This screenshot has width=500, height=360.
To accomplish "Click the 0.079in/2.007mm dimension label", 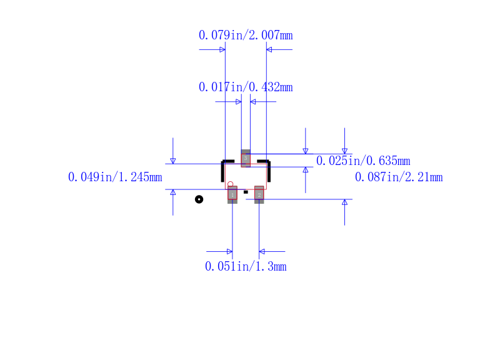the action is [x=246, y=35].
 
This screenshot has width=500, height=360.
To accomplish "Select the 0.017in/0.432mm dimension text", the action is [x=246, y=87].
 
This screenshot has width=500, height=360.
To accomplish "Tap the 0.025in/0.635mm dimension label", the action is [x=363, y=161].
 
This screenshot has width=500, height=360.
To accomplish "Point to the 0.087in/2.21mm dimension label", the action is [x=399, y=177].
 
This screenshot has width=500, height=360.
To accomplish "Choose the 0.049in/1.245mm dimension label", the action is [x=115, y=177].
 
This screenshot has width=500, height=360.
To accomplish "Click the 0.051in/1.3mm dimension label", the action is [x=246, y=267].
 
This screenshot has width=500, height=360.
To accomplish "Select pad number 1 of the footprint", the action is [x=232, y=194].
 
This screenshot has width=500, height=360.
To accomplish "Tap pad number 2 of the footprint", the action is [x=259, y=194].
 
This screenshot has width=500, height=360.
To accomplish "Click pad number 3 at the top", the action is [x=246, y=158].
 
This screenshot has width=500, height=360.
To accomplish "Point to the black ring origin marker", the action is [x=199, y=199].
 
